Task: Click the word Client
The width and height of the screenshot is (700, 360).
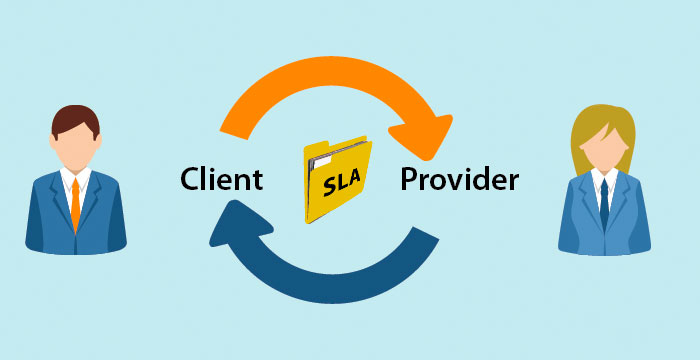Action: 221,179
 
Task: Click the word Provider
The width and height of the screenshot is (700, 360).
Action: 459,180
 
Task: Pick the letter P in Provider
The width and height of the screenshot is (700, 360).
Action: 409,180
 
